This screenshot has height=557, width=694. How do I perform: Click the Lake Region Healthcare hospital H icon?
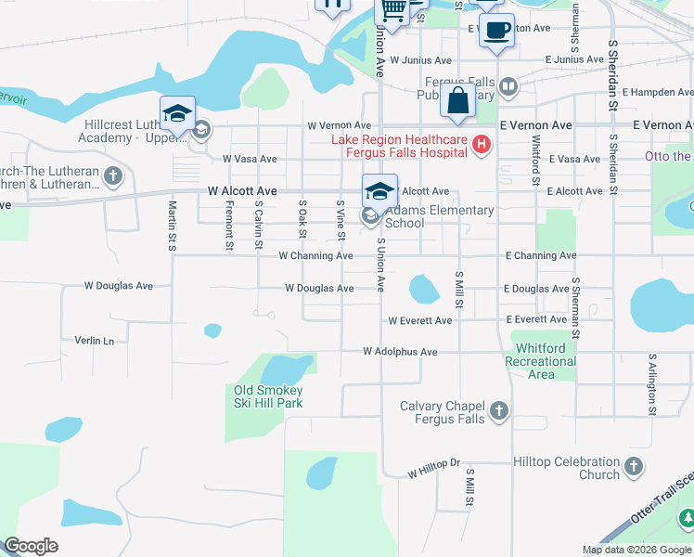pyautogui.click(x=481, y=144)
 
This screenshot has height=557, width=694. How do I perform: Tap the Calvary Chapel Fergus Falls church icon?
pyautogui.click(x=499, y=410)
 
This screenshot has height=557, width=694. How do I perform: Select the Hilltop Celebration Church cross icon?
pyautogui.click(x=634, y=467)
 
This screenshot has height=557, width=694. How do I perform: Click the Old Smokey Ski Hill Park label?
pyautogui.click(x=269, y=396)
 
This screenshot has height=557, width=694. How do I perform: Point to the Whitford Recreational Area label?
pyautogui.click(x=546, y=361)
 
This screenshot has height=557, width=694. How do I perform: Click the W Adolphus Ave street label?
pyautogui.click(x=399, y=352)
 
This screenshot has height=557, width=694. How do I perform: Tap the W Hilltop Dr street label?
pyautogui.click(x=433, y=473)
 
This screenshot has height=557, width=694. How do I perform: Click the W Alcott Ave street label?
pyautogui.click(x=241, y=190)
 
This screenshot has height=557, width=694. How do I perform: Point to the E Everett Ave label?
pyautogui.click(x=536, y=319)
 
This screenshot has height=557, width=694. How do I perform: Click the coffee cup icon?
pyautogui.click(x=496, y=31)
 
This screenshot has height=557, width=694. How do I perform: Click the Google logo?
pyautogui.click(x=31, y=546)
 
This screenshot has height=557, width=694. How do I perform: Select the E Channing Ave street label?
pyautogui.click(x=540, y=255)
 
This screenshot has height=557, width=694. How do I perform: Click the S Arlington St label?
pyautogui.click(x=652, y=382)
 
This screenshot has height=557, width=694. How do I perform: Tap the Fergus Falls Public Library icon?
pyautogui.click(x=508, y=88)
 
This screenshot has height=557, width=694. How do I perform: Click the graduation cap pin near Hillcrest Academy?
pyautogui.click(x=177, y=114)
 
